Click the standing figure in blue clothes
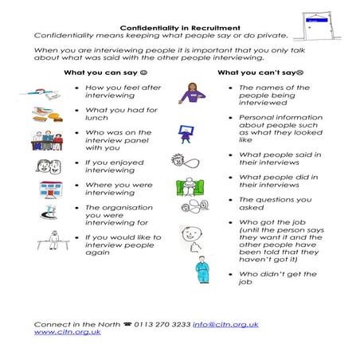[x=202, y=271]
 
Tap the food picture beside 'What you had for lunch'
[x=48, y=115]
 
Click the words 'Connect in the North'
[x=70, y=324]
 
